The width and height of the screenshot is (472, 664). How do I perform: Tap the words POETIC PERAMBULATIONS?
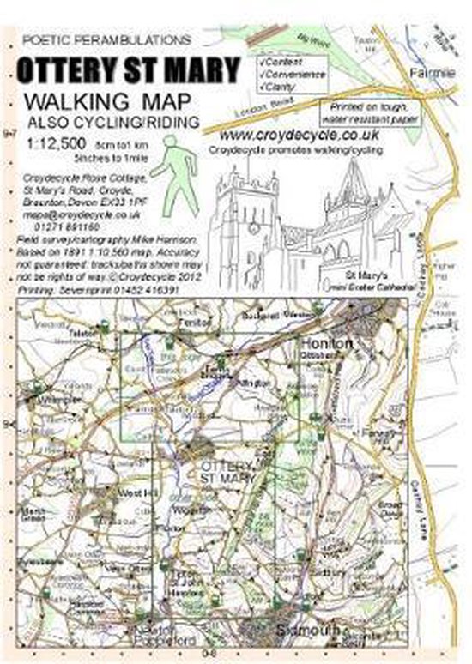(106, 39)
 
